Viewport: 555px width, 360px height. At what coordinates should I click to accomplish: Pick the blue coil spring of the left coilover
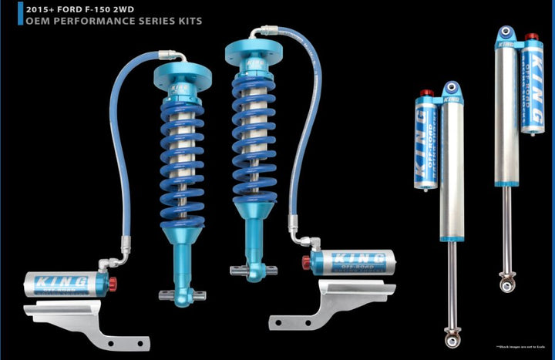(x=183, y=154)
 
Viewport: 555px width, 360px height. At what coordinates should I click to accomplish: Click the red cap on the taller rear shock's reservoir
(x=530, y=36)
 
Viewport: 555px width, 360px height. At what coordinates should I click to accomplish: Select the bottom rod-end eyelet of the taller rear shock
(x=506, y=284)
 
